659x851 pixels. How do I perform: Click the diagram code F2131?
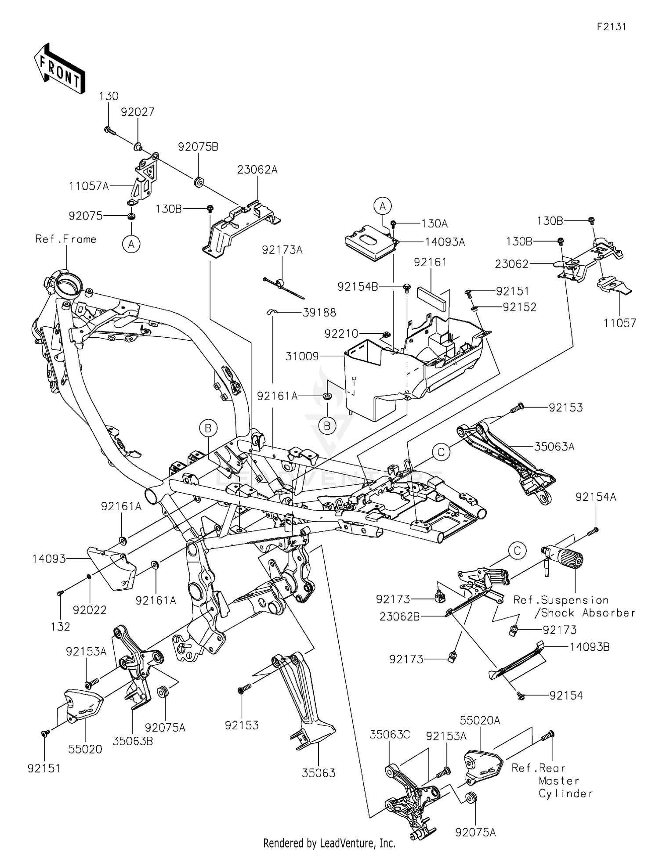(611, 27)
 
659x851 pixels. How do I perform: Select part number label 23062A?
(257, 169)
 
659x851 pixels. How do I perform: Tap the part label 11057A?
(89, 186)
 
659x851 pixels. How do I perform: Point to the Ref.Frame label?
(66, 239)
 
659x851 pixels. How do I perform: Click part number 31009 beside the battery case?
(302, 356)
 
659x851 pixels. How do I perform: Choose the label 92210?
(341, 334)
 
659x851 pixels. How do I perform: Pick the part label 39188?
(319, 313)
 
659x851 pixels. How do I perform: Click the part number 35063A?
(554, 447)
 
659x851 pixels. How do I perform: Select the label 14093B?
(589, 647)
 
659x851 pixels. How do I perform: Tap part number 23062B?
(399, 617)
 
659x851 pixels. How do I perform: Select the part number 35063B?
(133, 741)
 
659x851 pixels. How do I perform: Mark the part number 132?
(60, 627)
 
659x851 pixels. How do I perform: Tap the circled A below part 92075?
(131, 244)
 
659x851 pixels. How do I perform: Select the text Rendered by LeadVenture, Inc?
(329, 843)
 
